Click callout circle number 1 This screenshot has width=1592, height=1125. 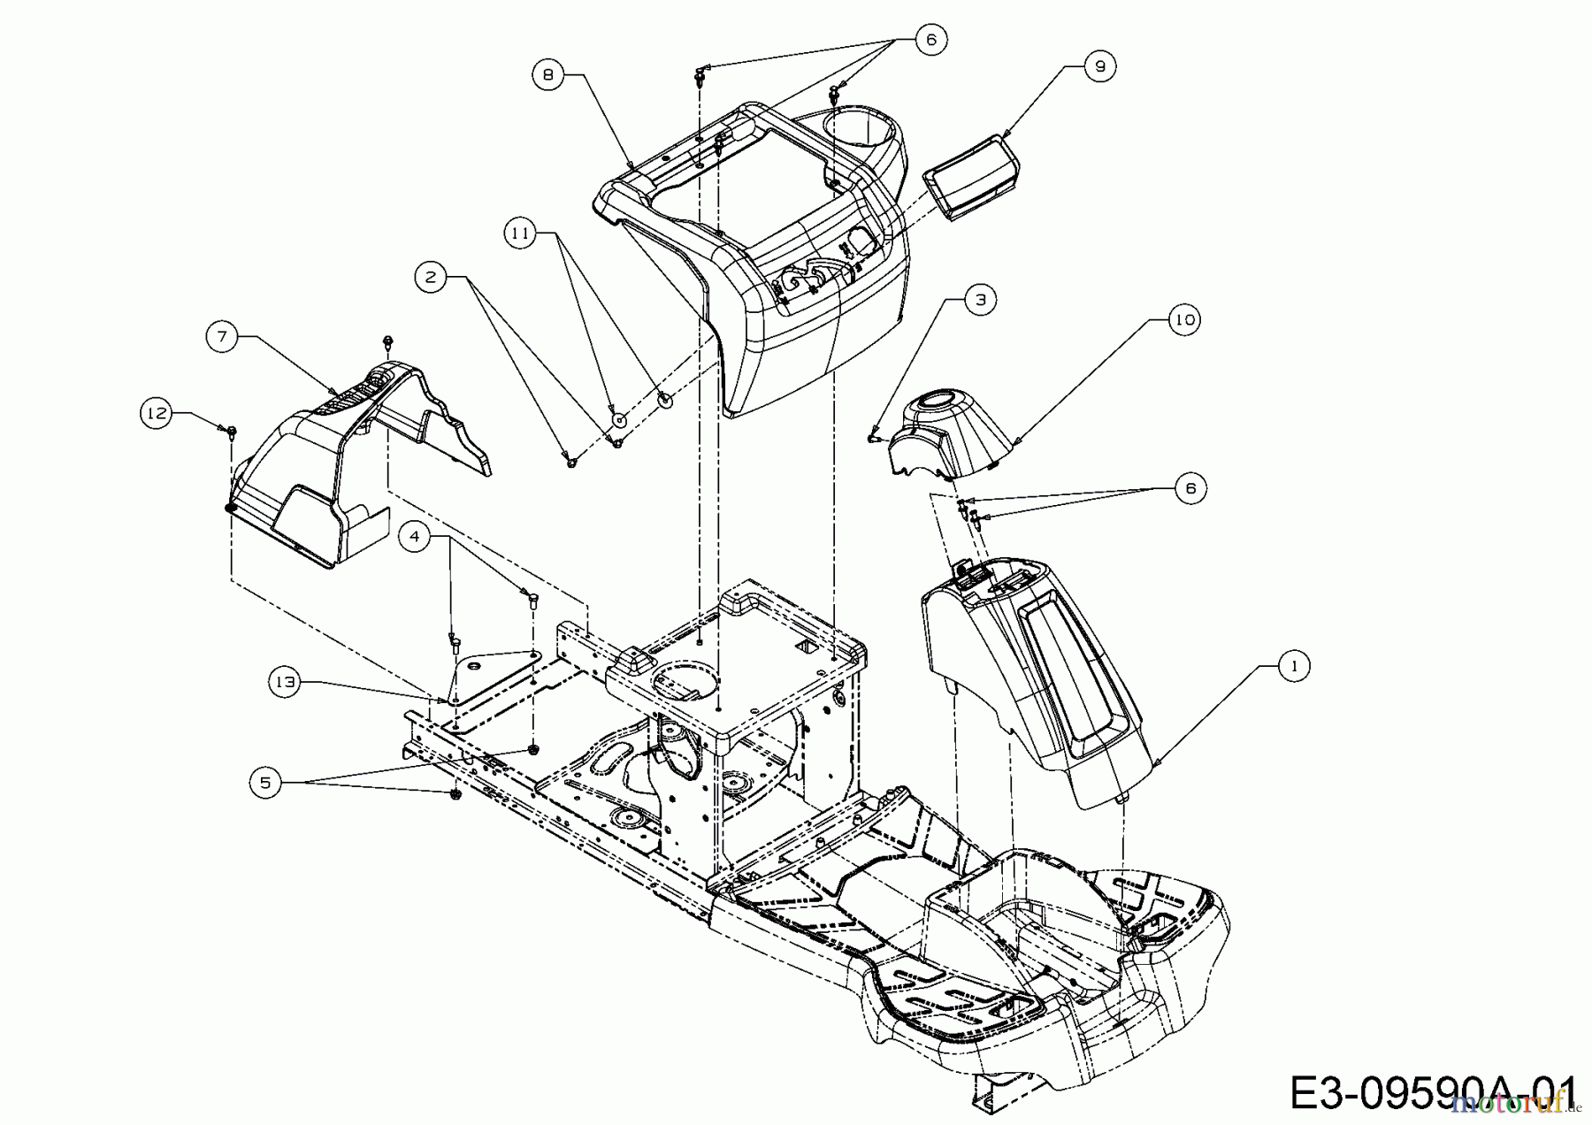point(1295,666)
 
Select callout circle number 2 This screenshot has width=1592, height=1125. point(431,278)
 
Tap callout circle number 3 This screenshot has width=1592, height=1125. point(980,300)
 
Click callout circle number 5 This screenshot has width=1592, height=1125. point(265,782)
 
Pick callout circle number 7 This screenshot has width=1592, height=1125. point(222,336)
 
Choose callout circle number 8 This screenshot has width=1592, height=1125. point(548,75)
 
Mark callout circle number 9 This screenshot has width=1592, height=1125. point(1099,66)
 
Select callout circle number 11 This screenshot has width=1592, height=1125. point(521,233)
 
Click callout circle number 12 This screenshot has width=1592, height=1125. point(157,414)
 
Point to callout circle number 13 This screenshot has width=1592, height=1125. point(285,681)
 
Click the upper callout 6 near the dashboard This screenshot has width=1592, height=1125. point(930,39)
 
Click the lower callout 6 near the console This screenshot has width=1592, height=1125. point(1190,488)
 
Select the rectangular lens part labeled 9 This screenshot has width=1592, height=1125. point(971,175)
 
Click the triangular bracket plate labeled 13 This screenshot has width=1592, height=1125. point(491,677)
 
